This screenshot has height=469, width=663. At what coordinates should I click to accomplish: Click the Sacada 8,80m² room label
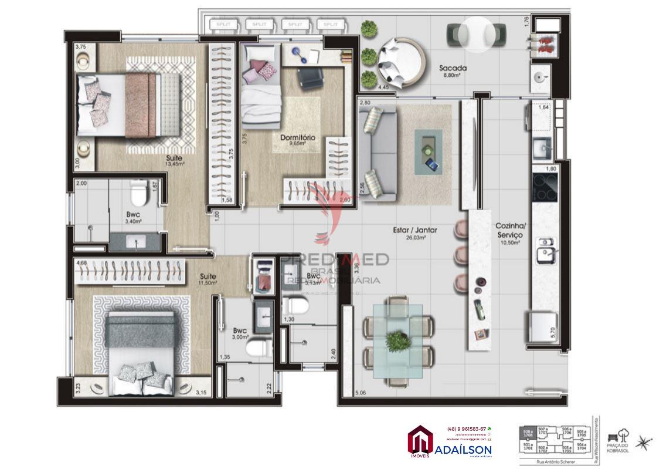coord(453,72)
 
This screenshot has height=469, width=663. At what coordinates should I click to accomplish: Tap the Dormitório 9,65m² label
coord(297,140)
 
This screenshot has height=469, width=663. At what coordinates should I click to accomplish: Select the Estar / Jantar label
coord(414,234)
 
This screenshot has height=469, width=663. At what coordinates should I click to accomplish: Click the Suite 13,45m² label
coord(174,161)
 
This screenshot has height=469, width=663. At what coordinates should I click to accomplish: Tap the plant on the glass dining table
coord(399,340)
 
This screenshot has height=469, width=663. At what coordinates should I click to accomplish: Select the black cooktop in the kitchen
coord(545,187)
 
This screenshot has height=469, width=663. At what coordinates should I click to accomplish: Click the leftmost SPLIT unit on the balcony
coord(223,25)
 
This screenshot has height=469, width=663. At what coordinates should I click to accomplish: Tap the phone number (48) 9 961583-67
coord(465,428)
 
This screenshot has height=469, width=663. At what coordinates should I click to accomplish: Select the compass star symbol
coord(643,442)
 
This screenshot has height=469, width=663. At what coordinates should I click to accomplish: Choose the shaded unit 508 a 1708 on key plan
coord(528,433)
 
